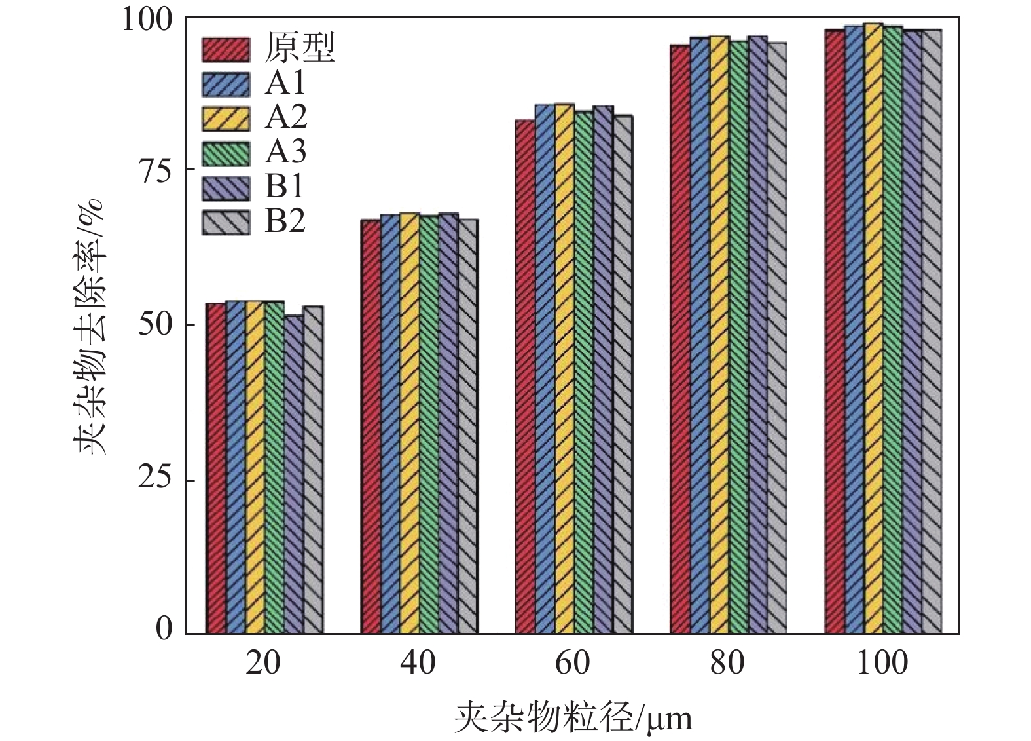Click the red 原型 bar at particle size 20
[216, 468]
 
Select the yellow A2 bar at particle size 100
[873, 328]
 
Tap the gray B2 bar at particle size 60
[623, 374]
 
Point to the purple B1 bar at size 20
[294, 474]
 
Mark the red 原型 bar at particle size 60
[526, 377]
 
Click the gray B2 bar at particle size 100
[932, 332]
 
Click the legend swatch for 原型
[226, 49]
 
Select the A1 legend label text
[285, 83]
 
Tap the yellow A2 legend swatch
[226, 119]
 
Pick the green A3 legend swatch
[226, 153]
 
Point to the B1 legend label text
[285, 187]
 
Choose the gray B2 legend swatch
[226, 222]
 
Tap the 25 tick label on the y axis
[155, 480]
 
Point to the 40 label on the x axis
[418, 663]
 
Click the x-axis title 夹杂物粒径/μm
[573, 718]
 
